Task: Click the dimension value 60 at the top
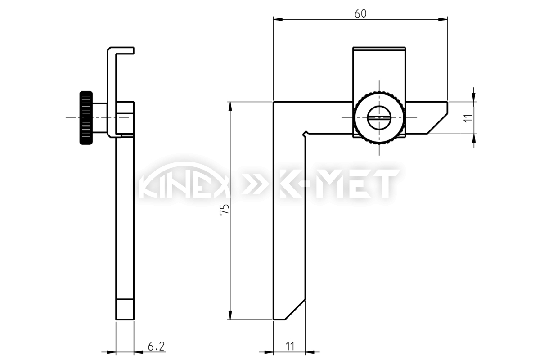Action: pos(360,14)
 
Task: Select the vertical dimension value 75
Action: pos(224,209)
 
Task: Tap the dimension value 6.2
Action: pos(156,346)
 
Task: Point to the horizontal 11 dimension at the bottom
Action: pos(290,346)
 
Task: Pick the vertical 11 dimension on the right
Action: pos(468,118)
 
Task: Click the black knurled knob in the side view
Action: pos(86,118)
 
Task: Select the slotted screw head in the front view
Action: pos(379,118)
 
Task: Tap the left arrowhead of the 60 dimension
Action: pos(278,19)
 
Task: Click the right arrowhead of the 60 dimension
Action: pos(443,19)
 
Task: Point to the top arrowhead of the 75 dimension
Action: pos(230,106)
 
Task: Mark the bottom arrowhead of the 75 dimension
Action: pos(230,315)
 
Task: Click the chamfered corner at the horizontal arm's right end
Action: pos(437,123)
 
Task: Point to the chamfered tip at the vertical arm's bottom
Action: pos(295,309)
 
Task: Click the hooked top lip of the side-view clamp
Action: pos(121,50)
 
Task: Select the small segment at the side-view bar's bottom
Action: pos(125,310)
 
